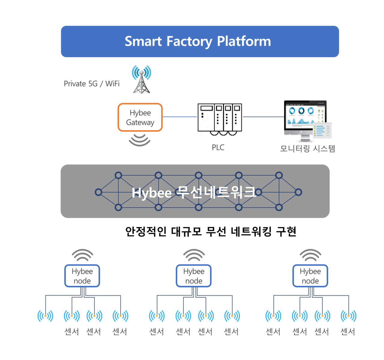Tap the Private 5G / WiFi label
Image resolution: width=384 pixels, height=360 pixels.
[x=91, y=84]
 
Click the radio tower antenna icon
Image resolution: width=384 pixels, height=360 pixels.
[x=142, y=79]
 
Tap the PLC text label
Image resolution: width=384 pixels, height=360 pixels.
[x=218, y=147]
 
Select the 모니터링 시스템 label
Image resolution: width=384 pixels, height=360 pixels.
[x=307, y=149]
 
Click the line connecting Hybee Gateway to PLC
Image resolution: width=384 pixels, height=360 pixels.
[x=180, y=117]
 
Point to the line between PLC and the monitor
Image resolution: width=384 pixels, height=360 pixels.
[x=263, y=117]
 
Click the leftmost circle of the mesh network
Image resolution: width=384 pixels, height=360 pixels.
[x=98, y=192]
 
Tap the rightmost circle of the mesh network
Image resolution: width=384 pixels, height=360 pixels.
[x=298, y=192]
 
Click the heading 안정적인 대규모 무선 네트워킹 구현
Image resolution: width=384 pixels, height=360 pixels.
[x=211, y=231]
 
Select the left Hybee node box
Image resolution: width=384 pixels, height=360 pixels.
[x=82, y=276]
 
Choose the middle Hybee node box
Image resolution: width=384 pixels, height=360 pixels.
[x=193, y=276]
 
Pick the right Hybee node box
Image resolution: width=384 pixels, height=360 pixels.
[x=310, y=276]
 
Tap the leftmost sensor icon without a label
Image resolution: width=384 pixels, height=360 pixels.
[x=45, y=316]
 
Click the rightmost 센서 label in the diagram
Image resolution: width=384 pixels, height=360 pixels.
[x=348, y=332]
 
